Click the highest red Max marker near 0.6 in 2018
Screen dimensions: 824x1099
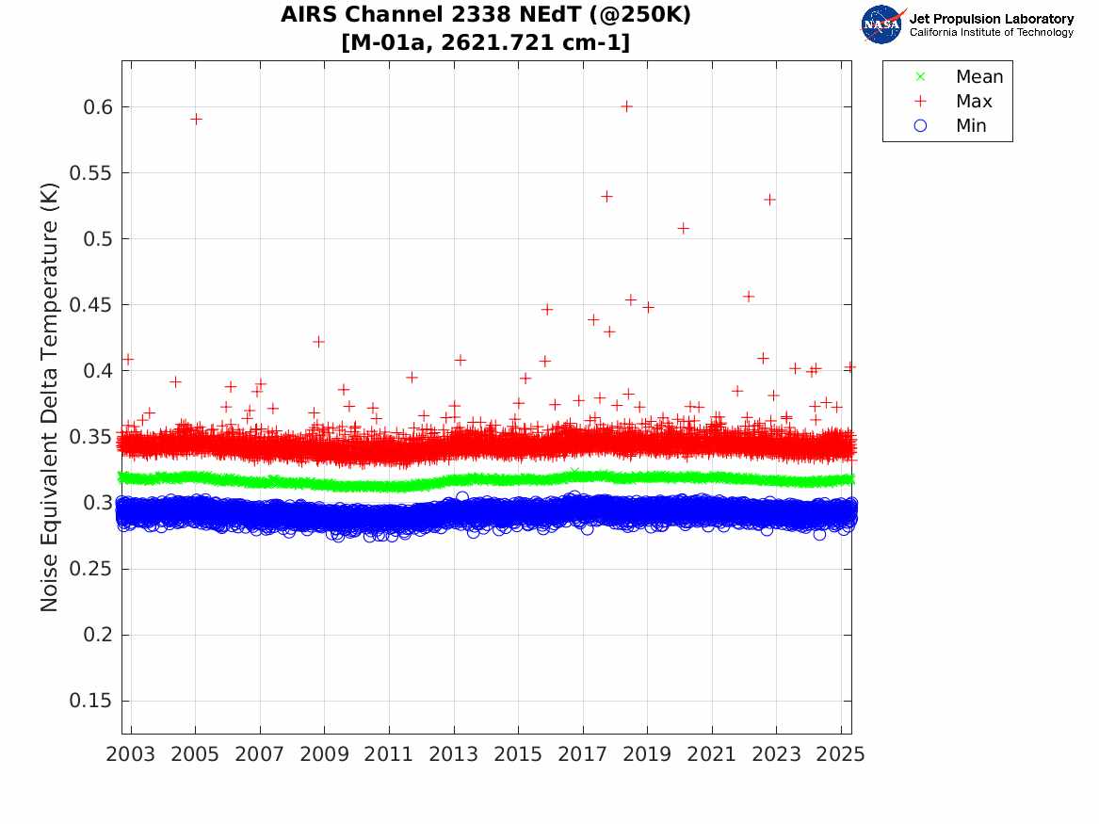coord(626,106)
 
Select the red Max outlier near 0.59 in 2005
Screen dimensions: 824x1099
coord(196,119)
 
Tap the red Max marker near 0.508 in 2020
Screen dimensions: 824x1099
coord(684,228)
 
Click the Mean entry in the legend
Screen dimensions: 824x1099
coord(978,77)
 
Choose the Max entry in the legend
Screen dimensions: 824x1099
coord(973,102)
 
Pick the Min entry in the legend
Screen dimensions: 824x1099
coord(971,126)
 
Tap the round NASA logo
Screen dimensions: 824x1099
coord(882,24)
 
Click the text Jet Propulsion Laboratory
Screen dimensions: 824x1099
coord(991,19)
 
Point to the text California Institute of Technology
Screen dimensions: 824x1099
coord(991,33)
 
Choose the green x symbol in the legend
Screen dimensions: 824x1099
coord(921,76)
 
